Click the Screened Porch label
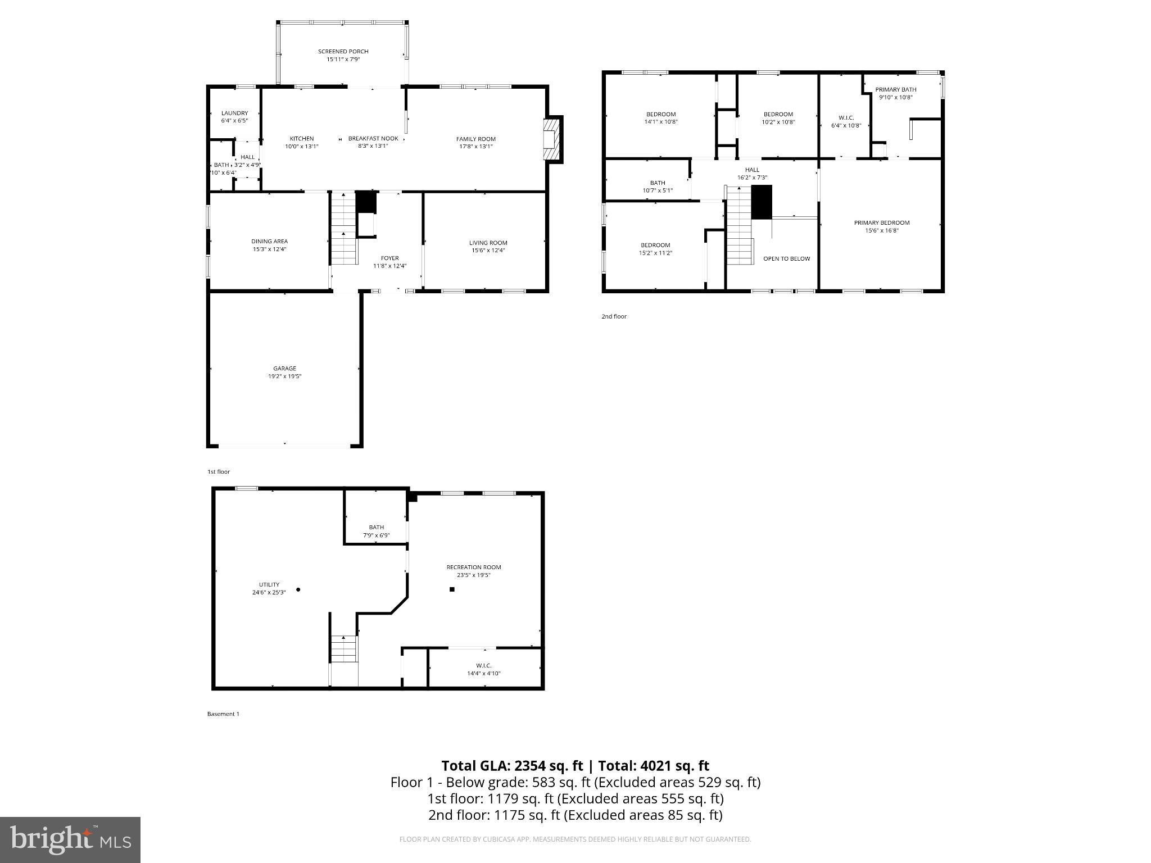pos(343,52)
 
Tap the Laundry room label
pos(234,113)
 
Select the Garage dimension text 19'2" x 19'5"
pos(284,376)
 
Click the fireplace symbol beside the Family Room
pos(553,139)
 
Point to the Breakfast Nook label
pos(373,139)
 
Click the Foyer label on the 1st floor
pos(389,258)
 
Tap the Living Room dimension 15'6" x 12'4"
pos(488,251)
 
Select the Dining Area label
pos(269,242)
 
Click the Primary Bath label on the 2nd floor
pos(895,89)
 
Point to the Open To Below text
pos(786,259)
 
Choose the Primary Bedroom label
pos(881,223)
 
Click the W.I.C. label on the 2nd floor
pos(846,118)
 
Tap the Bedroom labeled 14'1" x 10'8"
pos(661,118)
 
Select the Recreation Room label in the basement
pos(473,567)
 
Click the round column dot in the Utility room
pos(298,589)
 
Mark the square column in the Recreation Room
pos(452,589)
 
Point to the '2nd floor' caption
pos(614,316)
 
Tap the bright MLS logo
pos(70,840)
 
